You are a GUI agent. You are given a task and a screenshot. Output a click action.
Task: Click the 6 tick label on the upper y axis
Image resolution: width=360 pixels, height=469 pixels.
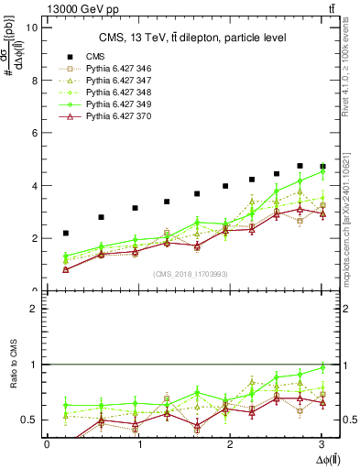pos(34,133)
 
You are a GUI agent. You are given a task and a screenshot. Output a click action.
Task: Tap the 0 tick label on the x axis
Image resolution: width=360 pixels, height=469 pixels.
pos(47,444)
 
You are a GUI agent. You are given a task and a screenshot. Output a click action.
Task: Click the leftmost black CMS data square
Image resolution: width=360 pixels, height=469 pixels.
pos(66,234)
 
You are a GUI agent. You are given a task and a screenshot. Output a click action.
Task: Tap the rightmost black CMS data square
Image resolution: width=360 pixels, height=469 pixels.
pos(322,167)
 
